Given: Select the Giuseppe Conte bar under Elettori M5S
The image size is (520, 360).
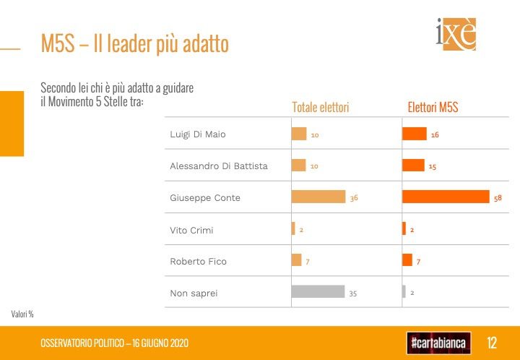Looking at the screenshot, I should tap(446, 197).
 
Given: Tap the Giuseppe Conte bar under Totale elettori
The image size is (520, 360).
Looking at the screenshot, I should tap(318, 197).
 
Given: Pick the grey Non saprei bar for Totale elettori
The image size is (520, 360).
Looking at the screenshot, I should tap(318, 292).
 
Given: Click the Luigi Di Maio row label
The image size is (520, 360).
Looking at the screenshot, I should tap(198, 134).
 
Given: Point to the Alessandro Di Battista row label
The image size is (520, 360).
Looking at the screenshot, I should tap(218, 166).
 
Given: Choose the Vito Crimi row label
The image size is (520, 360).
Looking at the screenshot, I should tap(191, 230).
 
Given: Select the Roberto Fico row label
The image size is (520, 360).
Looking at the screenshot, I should tap(198, 261).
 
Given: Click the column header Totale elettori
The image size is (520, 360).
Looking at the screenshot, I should tap(320, 108).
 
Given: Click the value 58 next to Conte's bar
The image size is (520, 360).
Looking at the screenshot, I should tap(498, 198).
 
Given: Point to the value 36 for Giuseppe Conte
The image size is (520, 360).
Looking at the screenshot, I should tap(354, 198).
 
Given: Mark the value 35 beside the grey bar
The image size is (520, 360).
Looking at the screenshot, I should tap(353, 293).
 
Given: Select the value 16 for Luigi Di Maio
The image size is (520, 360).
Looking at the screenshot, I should tap(435, 135).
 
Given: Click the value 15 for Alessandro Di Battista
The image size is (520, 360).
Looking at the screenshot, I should tap(432, 166).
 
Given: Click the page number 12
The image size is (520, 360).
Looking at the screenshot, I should tap(493, 342).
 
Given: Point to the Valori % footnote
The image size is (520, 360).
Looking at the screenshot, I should tap(22, 314).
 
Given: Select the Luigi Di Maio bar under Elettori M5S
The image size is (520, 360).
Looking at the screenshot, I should tap(415, 134).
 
